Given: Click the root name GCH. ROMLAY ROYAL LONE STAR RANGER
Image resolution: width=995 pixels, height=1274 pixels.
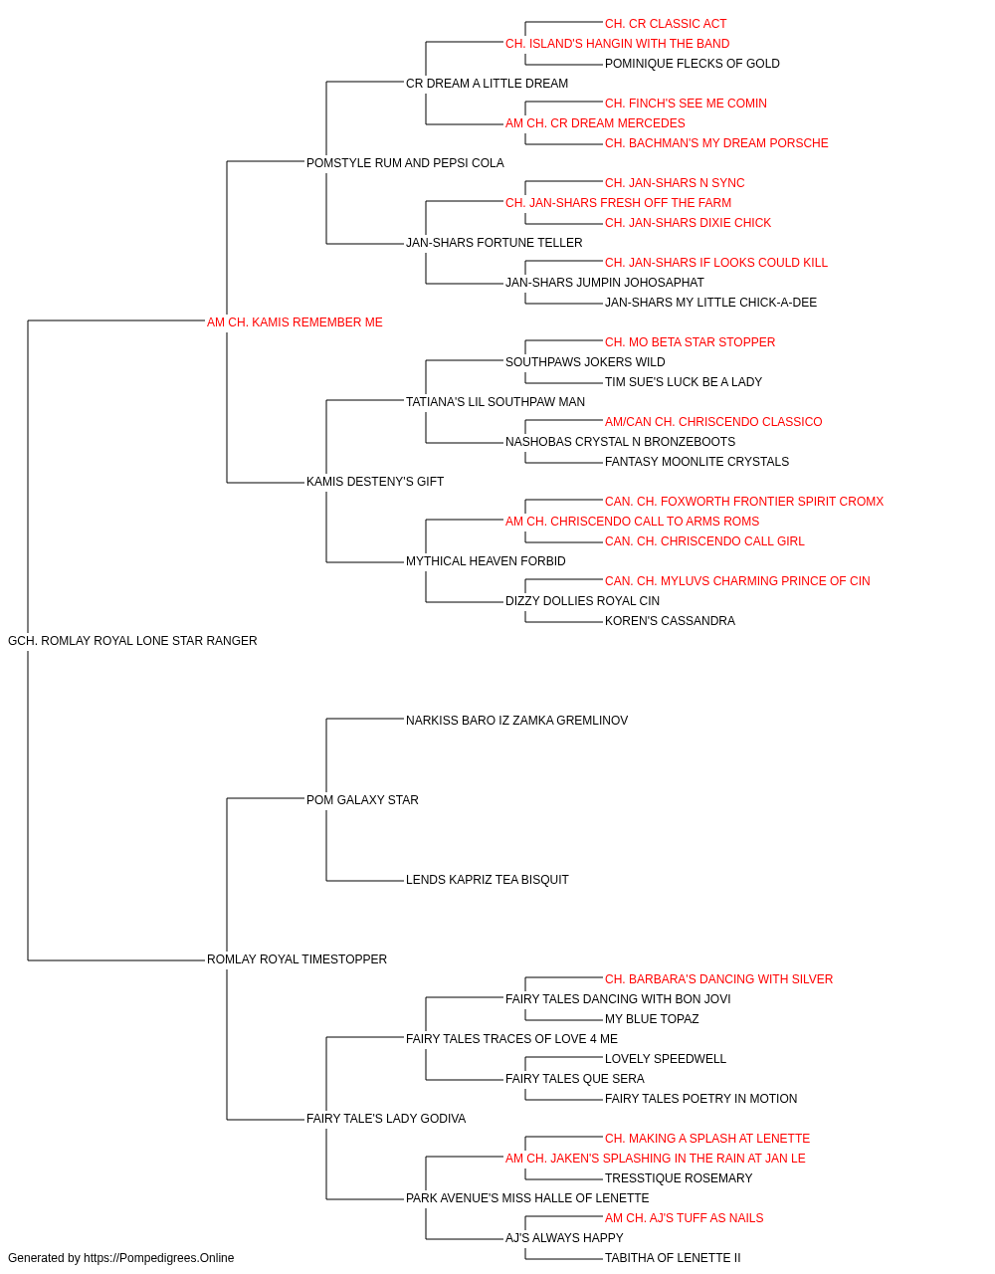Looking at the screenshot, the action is pos(132,641).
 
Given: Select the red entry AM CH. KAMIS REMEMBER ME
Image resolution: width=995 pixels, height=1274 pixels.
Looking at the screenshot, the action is pos(295,322).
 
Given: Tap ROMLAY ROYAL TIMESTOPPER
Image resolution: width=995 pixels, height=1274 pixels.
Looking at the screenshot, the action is pos(297,959).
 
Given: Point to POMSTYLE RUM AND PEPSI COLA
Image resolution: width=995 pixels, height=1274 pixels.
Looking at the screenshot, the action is pos(405,163).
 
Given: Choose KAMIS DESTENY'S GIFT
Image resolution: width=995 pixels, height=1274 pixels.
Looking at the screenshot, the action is pos(375,482).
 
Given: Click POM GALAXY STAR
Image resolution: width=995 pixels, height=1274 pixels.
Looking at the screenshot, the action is pos(362,799).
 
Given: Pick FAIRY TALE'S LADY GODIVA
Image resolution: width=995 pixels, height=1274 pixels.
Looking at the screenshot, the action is pos(386,1118).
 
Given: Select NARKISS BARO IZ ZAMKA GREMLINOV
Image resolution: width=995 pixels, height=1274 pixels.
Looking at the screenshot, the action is pos(516,720).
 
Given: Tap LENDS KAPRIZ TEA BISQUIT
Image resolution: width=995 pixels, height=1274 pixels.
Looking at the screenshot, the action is pos(487,880).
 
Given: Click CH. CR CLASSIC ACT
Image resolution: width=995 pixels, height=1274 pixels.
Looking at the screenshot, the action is pos(666,24).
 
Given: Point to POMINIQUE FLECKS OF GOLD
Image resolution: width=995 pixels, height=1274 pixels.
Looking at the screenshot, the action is pos(693,64).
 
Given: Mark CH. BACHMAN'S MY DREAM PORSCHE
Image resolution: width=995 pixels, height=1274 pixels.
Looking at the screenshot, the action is pos(716,143).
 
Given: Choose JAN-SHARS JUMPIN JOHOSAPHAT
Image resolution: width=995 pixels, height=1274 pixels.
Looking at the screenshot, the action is pos(605,283).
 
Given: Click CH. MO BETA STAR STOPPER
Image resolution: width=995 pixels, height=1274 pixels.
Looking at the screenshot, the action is pos(690,341).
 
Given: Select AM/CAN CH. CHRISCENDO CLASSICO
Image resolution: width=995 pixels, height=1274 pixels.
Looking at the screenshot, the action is pos(713,422).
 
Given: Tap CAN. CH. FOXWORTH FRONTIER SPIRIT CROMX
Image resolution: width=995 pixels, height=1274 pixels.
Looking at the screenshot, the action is pos(744,502).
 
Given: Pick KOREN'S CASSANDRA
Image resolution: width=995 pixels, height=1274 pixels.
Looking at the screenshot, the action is pos(670,621).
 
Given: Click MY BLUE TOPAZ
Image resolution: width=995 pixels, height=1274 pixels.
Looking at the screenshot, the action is pos(652,1019).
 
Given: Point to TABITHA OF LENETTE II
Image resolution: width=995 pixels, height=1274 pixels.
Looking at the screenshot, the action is pos(673,1258).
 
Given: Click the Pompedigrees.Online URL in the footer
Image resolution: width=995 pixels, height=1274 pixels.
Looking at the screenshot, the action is pos(159,1258).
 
